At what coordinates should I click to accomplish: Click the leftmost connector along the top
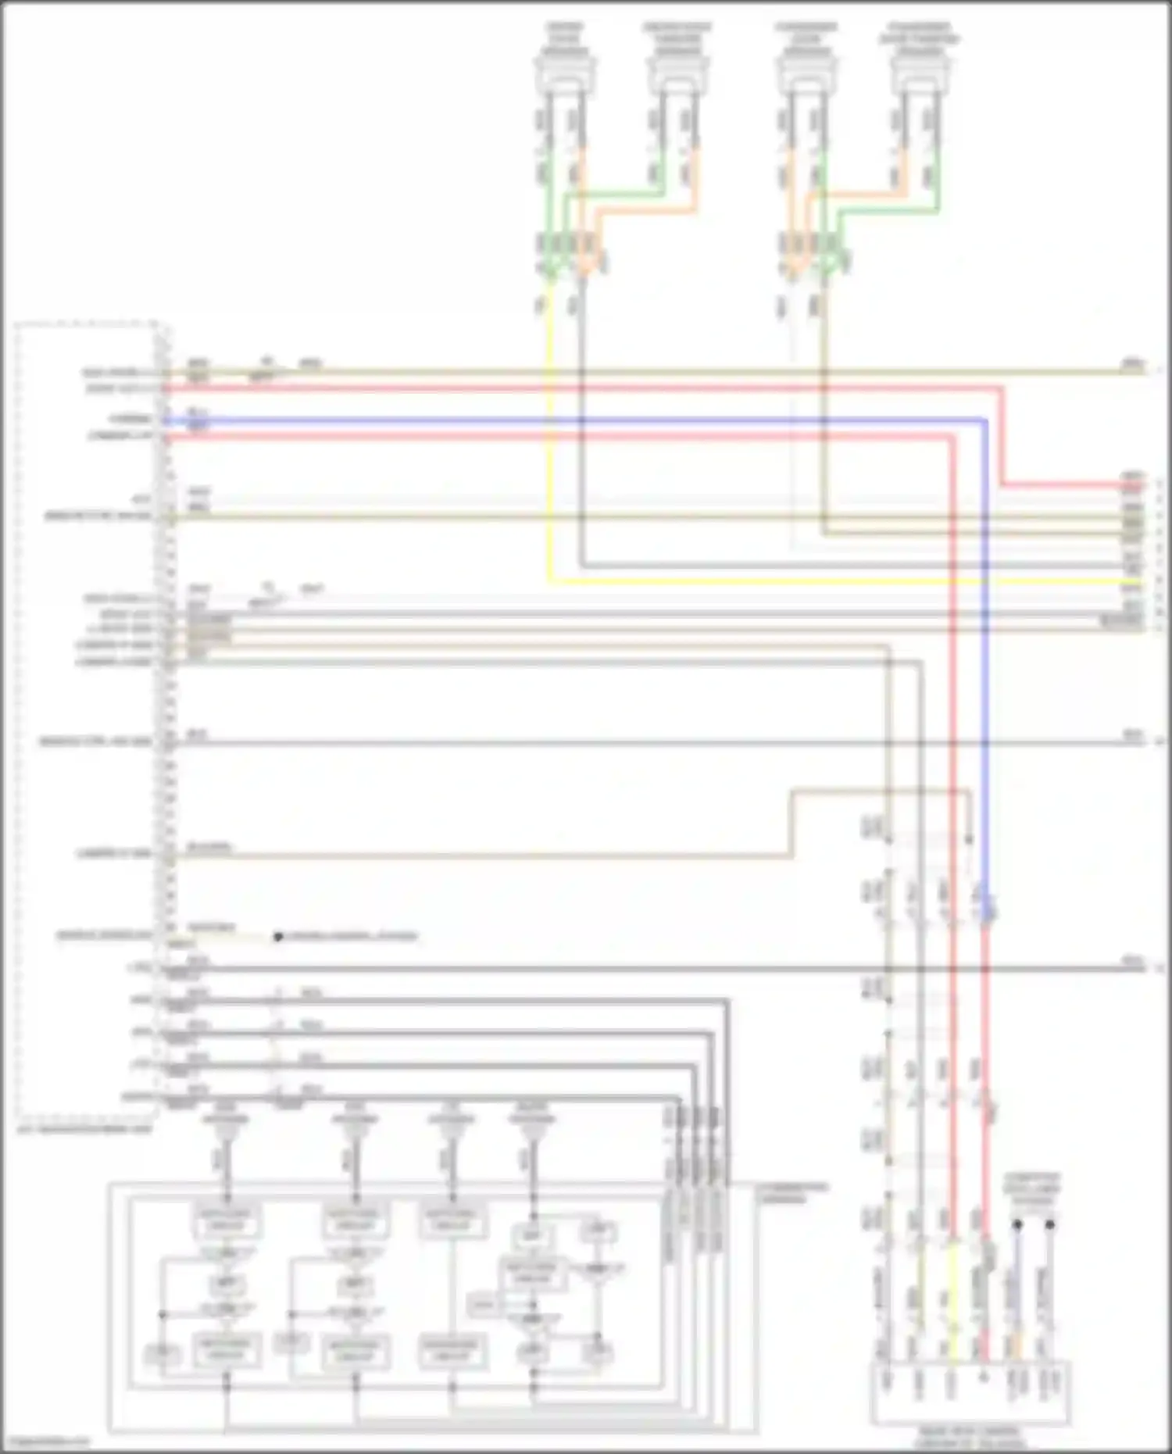[565, 75]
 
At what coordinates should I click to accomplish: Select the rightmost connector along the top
[920, 75]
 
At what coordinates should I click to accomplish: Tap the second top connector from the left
[677, 75]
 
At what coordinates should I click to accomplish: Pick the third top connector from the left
[806, 75]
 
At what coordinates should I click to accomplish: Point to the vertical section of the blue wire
[984, 664]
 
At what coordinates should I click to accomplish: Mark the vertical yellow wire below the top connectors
[550, 438]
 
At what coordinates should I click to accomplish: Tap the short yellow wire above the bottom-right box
[952, 1281]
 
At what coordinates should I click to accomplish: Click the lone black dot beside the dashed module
[278, 936]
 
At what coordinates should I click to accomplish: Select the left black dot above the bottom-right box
[1017, 1224]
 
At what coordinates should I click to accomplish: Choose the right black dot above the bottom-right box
[1049, 1224]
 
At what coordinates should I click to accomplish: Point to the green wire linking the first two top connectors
[617, 190]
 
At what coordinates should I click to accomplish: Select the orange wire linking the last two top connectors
[859, 191]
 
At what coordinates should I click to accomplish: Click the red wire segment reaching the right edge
[1070, 485]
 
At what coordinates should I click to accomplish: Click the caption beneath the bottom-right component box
[970, 1438]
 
